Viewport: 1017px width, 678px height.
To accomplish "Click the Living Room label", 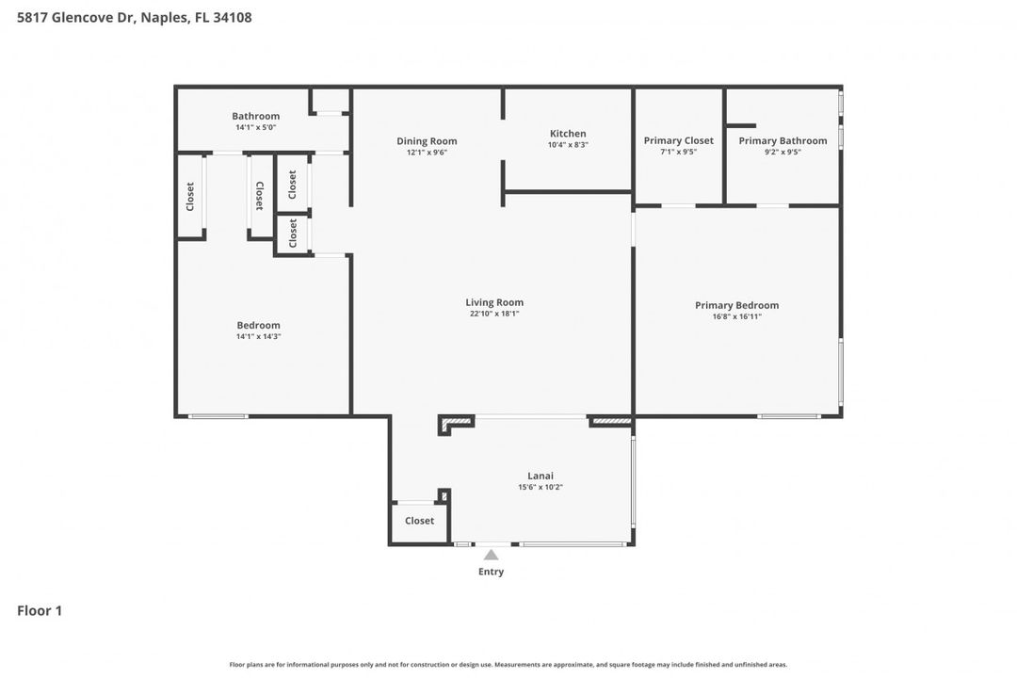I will click(493, 302).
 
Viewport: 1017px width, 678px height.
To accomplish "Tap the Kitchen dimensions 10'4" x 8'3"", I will click(568, 145).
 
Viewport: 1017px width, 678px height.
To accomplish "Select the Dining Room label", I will click(427, 141).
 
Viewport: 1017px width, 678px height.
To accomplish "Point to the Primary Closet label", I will click(678, 140).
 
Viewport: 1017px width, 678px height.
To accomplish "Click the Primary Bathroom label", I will click(783, 140).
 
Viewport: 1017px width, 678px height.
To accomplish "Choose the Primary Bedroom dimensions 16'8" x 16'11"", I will click(736, 316).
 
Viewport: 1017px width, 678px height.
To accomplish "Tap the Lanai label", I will click(540, 476).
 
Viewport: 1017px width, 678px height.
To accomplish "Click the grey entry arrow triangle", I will click(491, 555).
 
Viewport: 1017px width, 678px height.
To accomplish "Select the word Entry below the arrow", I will click(491, 572).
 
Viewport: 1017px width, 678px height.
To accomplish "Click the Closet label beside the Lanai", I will click(419, 521).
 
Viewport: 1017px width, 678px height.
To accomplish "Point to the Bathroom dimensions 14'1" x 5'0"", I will click(255, 127).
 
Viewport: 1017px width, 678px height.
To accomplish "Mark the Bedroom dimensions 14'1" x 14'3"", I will click(258, 336).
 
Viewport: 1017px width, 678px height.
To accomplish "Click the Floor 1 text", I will click(40, 610).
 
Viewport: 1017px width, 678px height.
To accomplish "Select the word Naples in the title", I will click(162, 17).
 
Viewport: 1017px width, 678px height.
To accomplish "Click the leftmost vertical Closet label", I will click(190, 196).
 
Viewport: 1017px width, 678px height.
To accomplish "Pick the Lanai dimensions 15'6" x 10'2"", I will click(540, 487).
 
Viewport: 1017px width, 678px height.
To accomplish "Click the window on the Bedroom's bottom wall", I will click(218, 416).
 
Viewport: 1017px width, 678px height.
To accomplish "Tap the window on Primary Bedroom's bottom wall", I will click(789, 416).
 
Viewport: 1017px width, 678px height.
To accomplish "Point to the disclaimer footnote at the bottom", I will click(508, 664).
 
